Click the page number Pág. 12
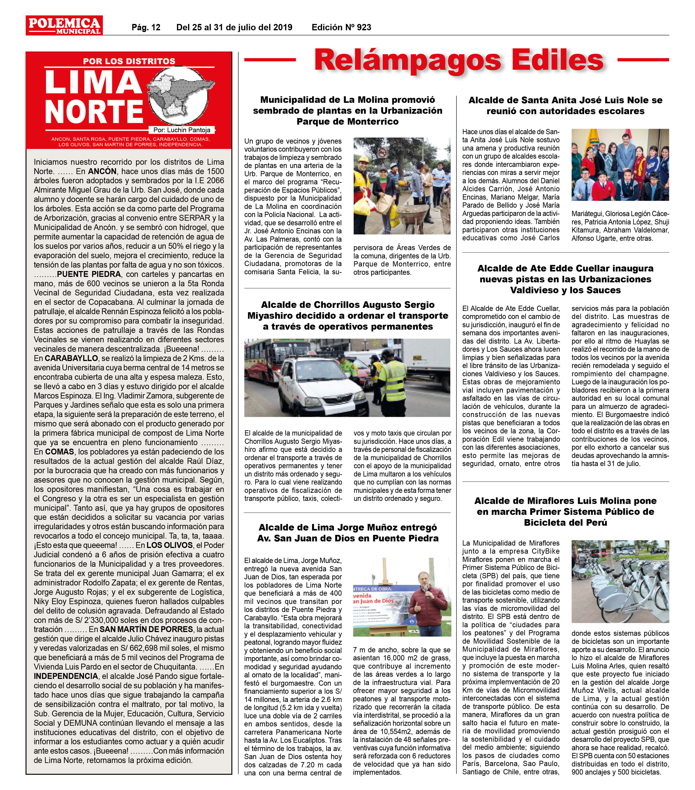146,27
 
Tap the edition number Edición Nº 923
341,27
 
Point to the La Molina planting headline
347,110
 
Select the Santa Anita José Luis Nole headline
565,105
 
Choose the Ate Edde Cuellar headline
565,279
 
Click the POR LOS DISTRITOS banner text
129,61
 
